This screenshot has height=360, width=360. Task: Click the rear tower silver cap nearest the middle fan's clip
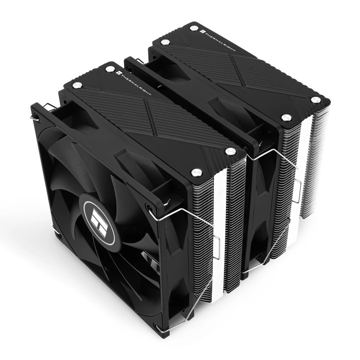(x=286, y=117)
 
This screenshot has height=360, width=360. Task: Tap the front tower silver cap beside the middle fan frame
(x=230, y=151)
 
